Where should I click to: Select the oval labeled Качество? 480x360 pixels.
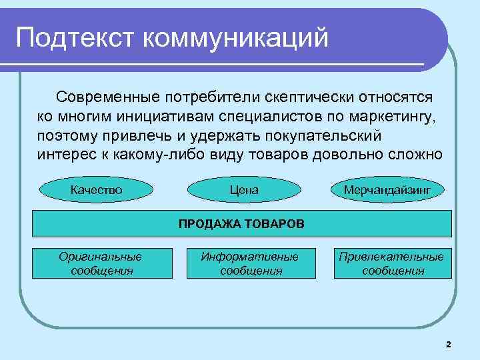[97, 190]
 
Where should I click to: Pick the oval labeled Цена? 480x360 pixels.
[243, 190]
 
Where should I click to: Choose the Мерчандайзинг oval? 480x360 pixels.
[387, 190]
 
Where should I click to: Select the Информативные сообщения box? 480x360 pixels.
[251, 263]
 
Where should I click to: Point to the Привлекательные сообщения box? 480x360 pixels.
[392, 263]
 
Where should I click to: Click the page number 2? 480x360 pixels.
[448, 344]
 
